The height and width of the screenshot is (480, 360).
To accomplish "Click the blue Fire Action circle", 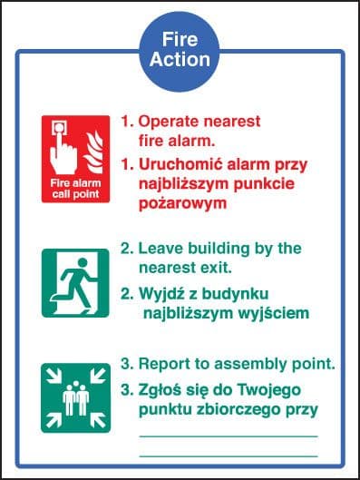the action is pos(180,51).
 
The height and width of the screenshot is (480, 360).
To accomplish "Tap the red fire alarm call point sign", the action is pos(76,159).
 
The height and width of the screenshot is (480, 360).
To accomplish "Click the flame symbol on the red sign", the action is pos(93,152).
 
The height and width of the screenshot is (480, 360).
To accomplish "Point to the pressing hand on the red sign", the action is pos(63,148).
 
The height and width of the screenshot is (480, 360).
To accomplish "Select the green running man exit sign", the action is pos(75,283).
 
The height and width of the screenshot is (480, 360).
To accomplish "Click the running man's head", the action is pos(83,262).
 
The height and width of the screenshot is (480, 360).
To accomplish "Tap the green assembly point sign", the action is pos(76,398).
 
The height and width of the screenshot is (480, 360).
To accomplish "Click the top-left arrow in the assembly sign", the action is pos(54,376).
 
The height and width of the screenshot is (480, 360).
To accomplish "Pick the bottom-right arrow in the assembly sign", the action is pos(98,420).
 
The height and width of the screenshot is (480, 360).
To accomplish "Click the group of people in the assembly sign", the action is pos(76,398).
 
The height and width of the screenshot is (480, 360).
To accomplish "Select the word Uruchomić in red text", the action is pos(180,164).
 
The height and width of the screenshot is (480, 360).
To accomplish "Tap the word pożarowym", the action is pos(182,203).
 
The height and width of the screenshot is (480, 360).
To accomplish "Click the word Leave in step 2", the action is pos(161,248).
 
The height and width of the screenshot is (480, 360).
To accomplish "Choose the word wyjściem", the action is pos(274,313).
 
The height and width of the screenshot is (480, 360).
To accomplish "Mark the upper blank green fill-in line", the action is pos(229,436).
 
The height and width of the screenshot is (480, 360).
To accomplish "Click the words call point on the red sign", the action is pos(75,194).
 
